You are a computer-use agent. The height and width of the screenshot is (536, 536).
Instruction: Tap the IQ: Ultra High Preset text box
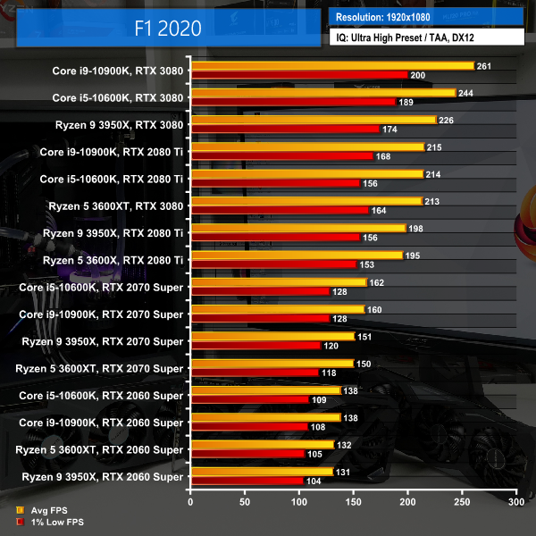(x=426, y=38)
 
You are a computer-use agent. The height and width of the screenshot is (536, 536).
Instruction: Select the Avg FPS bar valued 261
(x=331, y=65)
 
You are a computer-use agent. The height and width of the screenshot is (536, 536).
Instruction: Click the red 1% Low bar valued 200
(x=298, y=75)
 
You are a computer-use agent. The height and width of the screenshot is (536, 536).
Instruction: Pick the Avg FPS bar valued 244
(x=322, y=92)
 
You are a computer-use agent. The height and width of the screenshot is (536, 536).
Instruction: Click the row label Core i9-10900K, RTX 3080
(x=118, y=71)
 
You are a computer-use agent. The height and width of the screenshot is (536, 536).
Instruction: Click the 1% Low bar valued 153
(x=273, y=264)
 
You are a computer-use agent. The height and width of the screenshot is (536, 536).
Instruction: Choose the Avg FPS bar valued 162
(x=278, y=282)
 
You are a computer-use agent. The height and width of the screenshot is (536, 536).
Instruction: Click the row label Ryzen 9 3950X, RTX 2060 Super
(x=101, y=477)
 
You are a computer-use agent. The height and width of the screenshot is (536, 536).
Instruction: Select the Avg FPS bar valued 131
(x=261, y=472)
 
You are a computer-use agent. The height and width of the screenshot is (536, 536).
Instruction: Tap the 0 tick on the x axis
(x=190, y=503)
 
